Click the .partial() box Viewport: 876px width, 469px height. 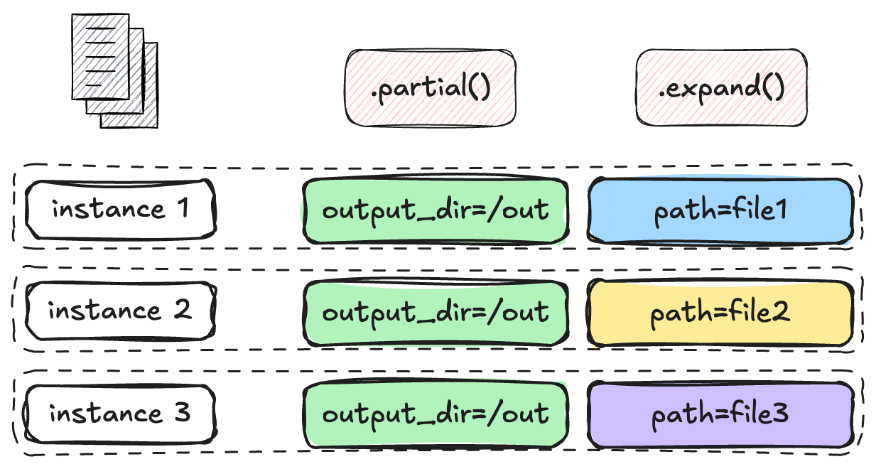coord(430,87)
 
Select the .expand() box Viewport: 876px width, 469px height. coord(722,87)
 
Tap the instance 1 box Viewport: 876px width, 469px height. coord(121,209)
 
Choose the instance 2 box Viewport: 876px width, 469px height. coord(121,311)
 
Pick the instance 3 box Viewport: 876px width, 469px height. coord(121,414)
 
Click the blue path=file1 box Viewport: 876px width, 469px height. coord(720,211)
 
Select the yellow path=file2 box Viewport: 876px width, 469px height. coord(720,313)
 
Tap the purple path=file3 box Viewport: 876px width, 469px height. coord(720,414)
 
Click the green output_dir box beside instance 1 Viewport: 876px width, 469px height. coord(436,210)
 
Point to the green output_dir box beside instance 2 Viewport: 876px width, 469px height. coord(436,312)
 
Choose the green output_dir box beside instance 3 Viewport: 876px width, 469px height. coord(436,414)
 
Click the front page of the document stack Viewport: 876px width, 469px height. coord(100,57)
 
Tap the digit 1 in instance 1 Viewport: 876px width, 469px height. coord(183,207)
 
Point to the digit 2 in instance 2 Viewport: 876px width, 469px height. coord(183,310)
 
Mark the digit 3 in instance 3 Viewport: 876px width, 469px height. coord(183,412)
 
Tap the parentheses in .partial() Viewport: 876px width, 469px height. coord(479,87)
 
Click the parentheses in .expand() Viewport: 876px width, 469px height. coord(773,87)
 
